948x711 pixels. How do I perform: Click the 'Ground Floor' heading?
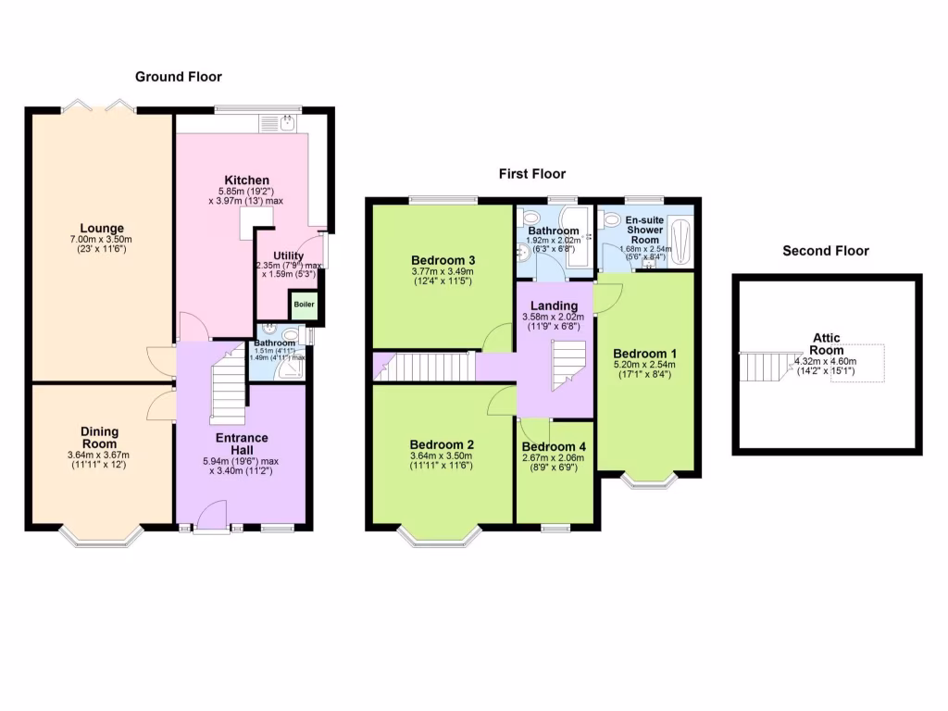click(179, 77)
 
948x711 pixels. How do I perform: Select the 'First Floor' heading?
click(531, 173)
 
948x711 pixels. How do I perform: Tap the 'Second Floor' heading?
click(826, 251)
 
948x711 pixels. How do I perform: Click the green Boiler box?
click(304, 305)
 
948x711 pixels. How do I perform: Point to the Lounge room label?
click(101, 229)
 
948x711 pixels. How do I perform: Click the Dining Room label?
click(99, 437)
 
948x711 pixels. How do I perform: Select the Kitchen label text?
click(246, 180)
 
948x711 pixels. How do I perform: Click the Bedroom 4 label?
click(555, 446)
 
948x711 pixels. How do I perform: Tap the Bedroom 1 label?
click(644, 354)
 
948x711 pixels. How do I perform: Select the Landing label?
click(555, 306)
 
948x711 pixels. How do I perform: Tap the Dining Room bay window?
click(101, 534)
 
